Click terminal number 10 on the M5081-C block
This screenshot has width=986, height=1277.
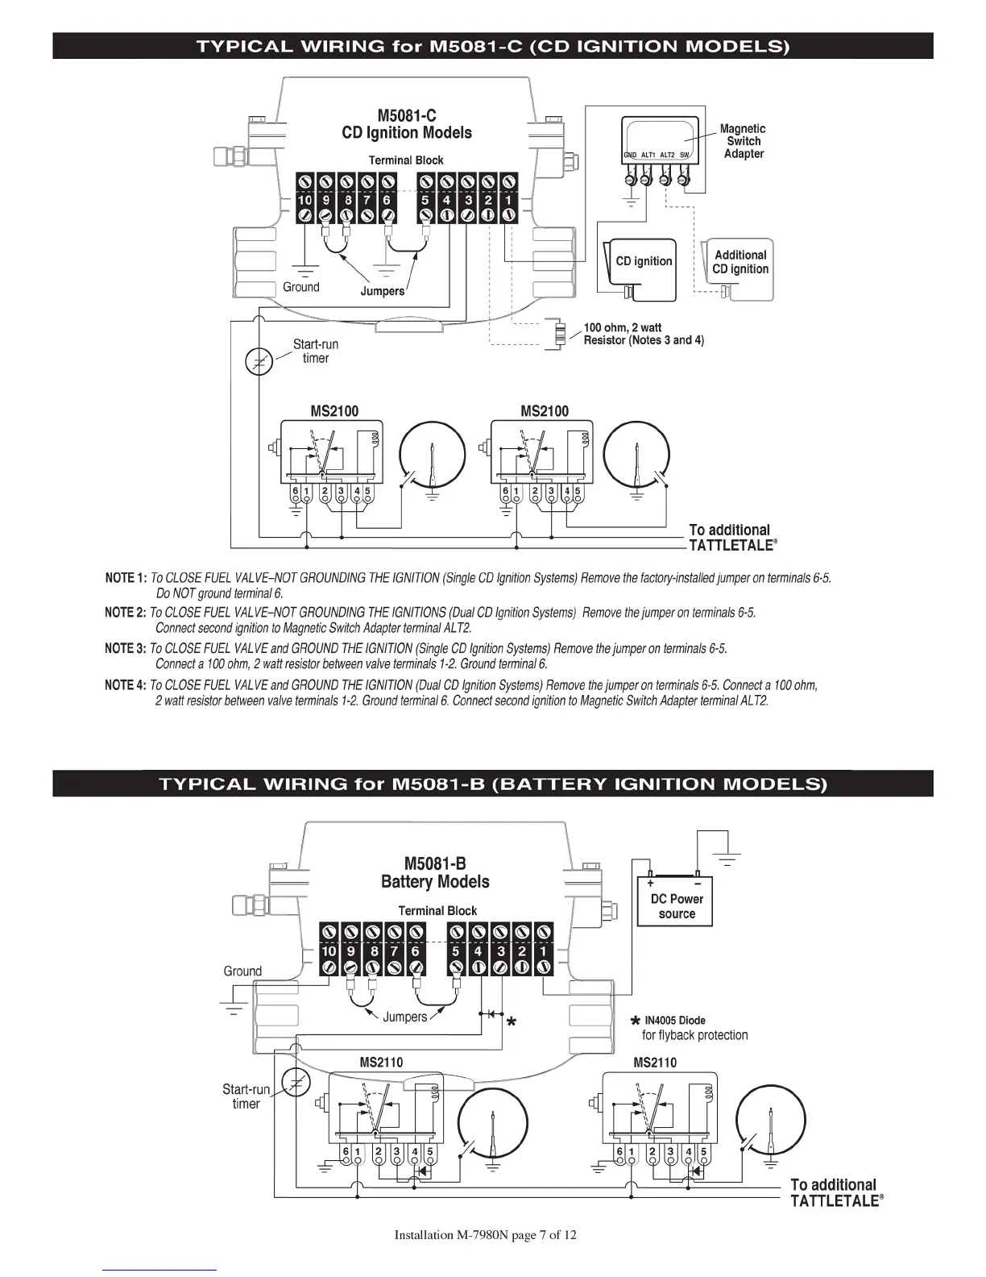pyautogui.click(x=304, y=200)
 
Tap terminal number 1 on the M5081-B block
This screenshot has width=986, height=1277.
pyautogui.click(x=543, y=950)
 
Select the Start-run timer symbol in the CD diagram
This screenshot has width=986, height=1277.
pyautogui.click(x=259, y=361)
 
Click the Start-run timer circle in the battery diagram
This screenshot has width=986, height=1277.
pyautogui.click(x=296, y=1083)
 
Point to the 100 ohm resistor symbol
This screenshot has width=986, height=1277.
pyautogui.click(x=560, y=333)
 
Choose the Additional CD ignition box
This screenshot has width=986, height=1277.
pyautogui.click(x=738, y=270)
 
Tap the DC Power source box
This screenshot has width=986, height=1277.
pyautogui.click(x=675, y=901)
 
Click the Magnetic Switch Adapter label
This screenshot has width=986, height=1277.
pyautogui.click(x=744, y=141)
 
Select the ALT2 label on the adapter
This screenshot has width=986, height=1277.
pyautogui.click(x=667, y=155)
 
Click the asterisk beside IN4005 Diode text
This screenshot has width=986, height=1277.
pyautogui.click(x=635, y=1021)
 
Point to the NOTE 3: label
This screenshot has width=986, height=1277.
pyautogui.click(x=125, y=649)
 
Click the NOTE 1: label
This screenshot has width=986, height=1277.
pyautogui.click(x=126, y=578)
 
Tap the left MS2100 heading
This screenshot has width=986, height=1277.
pyautogui.click(x=334, y=411)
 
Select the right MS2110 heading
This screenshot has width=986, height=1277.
pyautogui.click(x=655, y=1063)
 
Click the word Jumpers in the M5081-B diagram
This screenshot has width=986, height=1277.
pyautogui.click(x=404, y=1017)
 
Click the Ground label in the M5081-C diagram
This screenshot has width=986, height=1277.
pyautogui.click(x=301, y=287)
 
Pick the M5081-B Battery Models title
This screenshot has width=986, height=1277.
pyautogui.click(x=435, y=872)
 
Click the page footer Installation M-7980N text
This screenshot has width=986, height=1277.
pyautogui.click(x=485, y=1235)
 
